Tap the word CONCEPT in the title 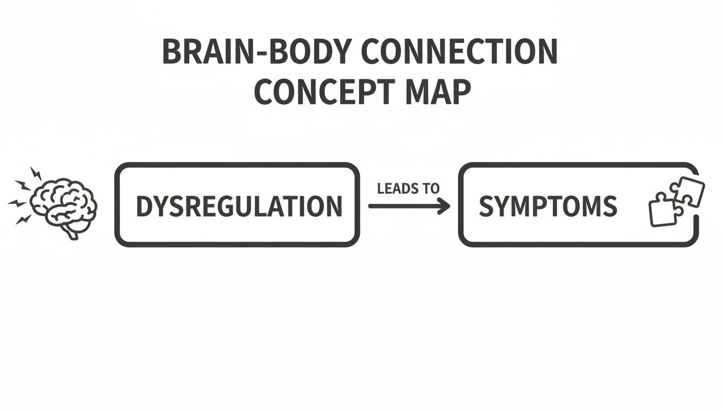click(318, 92)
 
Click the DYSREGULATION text click(239, 206)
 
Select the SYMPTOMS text click(547, 206)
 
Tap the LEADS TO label click(408, 188)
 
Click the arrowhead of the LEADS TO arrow click(444, 206)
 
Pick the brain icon click(63, 206)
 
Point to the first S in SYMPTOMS click(486, 206)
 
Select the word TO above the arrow click(430, 188)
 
